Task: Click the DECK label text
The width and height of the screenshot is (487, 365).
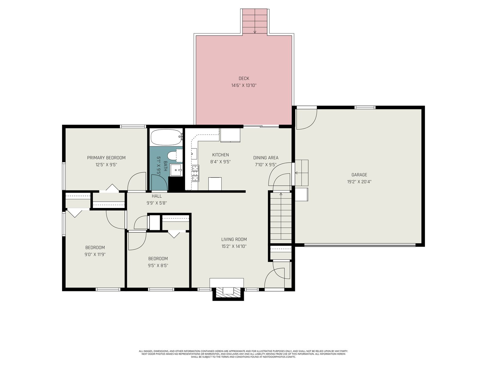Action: [x=244, y=78]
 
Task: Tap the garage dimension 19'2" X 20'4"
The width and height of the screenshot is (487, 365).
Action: [x=359, y=182]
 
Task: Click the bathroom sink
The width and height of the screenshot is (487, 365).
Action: [x=176, y=170]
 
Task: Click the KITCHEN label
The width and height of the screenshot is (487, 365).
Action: [x=220, y=155]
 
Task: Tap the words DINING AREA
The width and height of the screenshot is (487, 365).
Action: [x=266, y=158]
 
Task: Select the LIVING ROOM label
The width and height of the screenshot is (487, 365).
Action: [x=234, y=239]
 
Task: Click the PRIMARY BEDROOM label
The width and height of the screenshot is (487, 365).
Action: [x=106, y=158]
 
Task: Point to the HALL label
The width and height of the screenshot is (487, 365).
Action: [x=157, y=196]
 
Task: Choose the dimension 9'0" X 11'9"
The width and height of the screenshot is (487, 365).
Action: [x=95, y=254]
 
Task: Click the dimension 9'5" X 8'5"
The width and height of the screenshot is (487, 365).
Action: [x=158, y=266]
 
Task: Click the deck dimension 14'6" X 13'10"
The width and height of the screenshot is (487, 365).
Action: [x=244, y=85]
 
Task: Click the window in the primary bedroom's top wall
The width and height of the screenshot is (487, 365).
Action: [x=133, y=127]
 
